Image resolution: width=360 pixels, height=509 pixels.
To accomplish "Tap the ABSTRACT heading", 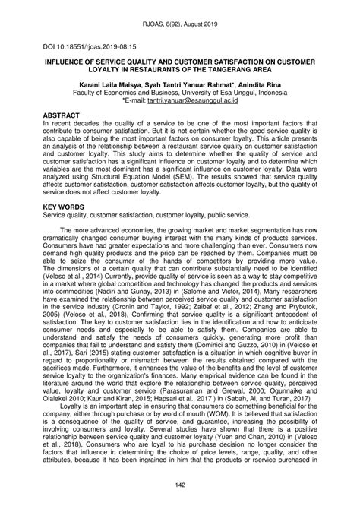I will click(66, 113).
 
